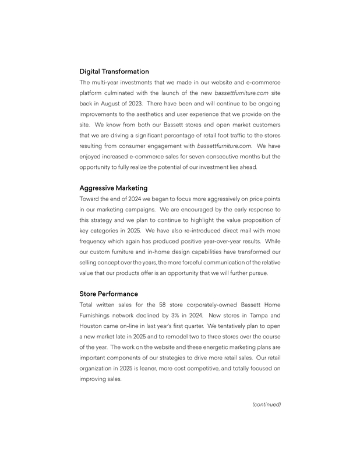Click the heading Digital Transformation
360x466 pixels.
[114, 72]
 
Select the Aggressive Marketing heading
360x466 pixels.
[114, 188]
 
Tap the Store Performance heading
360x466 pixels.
[109, 294]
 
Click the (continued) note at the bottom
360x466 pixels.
[266, 404]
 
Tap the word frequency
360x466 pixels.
[95, 241]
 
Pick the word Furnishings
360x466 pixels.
[97, 315]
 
